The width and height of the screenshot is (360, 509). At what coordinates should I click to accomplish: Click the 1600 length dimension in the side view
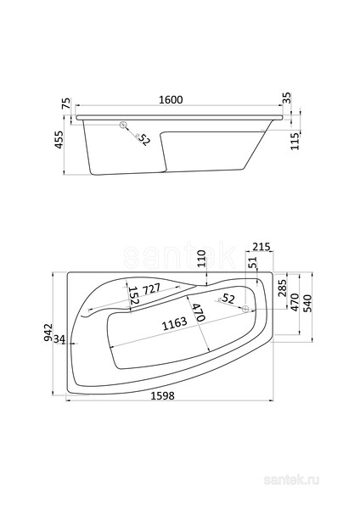171,99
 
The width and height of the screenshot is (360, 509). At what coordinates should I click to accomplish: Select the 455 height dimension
59,140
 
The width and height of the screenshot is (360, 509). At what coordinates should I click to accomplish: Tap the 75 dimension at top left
65,103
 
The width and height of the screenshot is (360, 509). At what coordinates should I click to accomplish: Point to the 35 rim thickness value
287,98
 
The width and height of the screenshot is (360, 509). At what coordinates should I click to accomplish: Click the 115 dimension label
295,141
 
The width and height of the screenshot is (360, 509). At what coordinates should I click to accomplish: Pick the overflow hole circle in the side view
123,125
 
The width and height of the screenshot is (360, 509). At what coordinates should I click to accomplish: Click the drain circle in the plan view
245,309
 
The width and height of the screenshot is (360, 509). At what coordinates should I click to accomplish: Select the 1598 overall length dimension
163,395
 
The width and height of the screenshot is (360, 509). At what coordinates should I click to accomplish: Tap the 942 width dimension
48,332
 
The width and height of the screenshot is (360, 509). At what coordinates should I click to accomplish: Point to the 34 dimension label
59,339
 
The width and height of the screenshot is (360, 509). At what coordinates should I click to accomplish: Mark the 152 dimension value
134,295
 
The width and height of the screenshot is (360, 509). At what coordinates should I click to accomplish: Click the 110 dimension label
202,259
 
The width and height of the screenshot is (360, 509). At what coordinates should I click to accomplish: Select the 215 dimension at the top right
262,247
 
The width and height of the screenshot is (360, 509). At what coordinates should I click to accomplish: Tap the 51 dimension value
254,262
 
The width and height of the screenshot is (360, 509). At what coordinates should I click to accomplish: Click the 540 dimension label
307,303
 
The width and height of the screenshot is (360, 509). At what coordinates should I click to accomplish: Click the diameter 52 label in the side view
143,139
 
